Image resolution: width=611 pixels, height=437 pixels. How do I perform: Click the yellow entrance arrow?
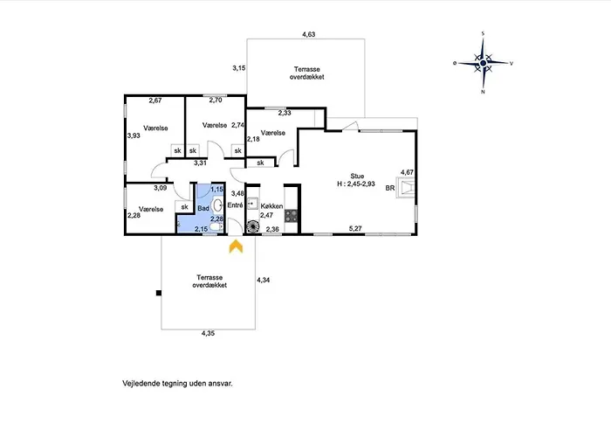click(x=236, y=246)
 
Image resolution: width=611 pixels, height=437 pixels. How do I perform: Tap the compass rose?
click(x=484, y=63)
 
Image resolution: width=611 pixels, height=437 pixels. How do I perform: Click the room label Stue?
click(x=357, y=177)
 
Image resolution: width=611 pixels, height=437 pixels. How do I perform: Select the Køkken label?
click(x=271, y=206)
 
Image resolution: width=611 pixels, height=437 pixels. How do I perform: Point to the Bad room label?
click(x=203, y=208)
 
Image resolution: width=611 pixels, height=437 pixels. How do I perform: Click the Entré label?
click(x=235, y=205)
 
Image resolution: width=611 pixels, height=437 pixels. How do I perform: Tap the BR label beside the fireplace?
click(x=390, y=188)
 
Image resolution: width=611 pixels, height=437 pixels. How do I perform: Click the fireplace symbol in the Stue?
click(x=406, y=188)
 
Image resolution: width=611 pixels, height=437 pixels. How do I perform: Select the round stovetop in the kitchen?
click(x=252, y=226)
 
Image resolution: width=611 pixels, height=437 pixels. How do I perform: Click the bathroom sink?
click(x=217, y=205)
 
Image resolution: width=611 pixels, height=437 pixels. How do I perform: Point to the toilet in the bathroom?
click(x=216, y=226)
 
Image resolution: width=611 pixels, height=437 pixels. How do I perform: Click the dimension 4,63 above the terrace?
click(x=309, y=34)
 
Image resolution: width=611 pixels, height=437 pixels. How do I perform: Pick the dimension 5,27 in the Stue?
click(x=355, y=229)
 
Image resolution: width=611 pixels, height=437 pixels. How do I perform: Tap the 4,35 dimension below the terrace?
click(x=208, y=333)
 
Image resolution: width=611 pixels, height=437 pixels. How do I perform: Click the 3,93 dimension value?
click(x=134, y=135)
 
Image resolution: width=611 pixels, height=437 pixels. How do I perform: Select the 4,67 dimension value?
click(x=408, y=172)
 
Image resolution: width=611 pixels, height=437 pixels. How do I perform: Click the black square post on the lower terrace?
click(x=159, y=293)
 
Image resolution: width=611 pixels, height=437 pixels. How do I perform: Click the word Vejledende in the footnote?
click(x=139, y=384)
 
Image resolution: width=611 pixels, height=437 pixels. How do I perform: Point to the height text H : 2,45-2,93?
click(x=356, y=184)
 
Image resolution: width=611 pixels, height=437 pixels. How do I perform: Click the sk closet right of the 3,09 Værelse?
click(x=185, y=207)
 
